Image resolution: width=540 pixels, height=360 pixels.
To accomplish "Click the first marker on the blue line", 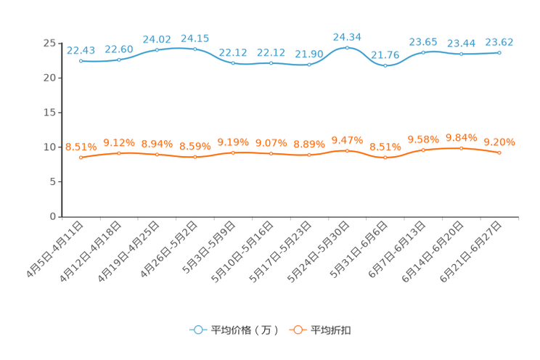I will [x=81, y=62].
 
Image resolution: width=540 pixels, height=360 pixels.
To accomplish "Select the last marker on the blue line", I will [x=499, y=53].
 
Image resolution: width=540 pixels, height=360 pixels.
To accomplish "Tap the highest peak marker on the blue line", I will [x=347, y=48].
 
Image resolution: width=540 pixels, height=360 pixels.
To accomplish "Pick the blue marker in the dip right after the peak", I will [x=385, y=66].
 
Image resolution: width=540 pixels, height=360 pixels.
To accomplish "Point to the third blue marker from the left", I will [x=157, y=49].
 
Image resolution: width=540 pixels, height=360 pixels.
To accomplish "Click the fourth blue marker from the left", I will [x=195, y=49].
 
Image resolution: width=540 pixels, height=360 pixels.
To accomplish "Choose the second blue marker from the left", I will [x=119, y=60].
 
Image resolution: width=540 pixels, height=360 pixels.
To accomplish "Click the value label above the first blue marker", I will [x=81, y=50].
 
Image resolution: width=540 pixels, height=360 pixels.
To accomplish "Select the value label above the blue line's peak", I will [x=347, y=36].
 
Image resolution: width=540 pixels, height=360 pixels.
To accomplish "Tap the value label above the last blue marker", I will [x=499, y=41].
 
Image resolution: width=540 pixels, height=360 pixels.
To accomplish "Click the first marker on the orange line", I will [x=81, y=157].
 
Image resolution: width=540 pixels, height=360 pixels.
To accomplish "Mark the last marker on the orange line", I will [x=499, y=153].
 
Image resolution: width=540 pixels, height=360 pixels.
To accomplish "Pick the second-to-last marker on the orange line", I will [x=461, y=148].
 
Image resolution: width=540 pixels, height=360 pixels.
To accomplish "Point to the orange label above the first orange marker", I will [x=81, y=146].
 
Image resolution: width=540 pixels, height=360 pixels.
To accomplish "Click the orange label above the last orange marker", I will [x=499, y=142].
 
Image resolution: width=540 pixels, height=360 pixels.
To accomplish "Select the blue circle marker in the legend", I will [x=197, y=330].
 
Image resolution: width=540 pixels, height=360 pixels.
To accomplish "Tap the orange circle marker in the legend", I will [x=297, y=330].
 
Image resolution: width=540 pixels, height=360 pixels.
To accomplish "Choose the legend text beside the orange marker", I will [x=332, y=330].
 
